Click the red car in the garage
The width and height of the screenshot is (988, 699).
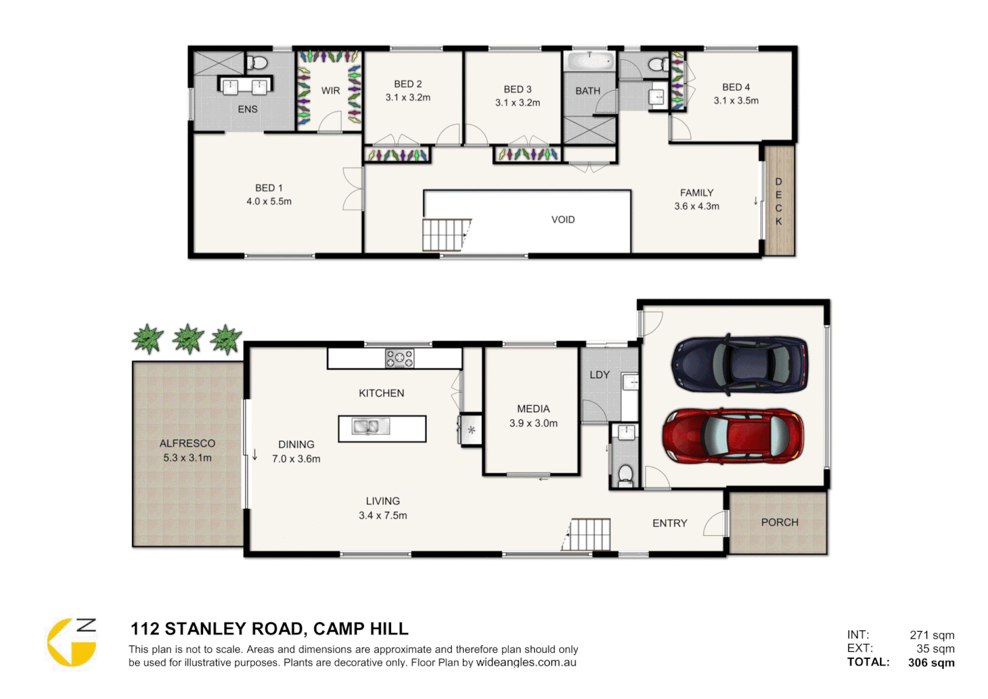pyautogui.click(x=733, y=436)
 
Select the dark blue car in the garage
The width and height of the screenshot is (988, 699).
pyautogui.click(x=740, y=364)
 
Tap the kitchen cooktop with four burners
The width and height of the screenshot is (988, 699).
pyautogui.click(x=400, y=359)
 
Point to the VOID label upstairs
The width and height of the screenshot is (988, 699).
pyautogui.click(x=563, y=220)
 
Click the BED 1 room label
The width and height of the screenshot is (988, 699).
pyautogui.click(x=268, y=188)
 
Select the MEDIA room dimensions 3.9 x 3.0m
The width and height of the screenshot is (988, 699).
pyautogui.click(x=533, y=423)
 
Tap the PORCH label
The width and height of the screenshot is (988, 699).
pyautogui.click(x=779, y=522)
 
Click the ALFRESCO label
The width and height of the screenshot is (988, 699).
pyautogui.click(x=187, y=443)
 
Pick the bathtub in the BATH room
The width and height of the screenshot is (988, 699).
pyautogui.click(x=589, y=61)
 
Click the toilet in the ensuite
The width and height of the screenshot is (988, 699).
pyautogui.click(x=257, y=63)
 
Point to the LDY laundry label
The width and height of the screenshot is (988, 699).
pyautogui.click(x=599, y=375)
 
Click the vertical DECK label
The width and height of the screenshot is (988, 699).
pyautogui.click(x=779, y=201)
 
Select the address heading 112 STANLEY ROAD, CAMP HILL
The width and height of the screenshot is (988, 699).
pyautogui.click(x=269, y=629)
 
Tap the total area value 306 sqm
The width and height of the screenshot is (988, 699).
pyautogui.click(x=931, y=662)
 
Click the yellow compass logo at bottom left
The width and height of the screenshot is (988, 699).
pyautogui.click(x=72, y=643)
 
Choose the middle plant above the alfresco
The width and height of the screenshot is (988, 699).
pyautogui.click(x=188, y=338)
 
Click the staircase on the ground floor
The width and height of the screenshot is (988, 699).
pyautogui.click(x=588, y=535)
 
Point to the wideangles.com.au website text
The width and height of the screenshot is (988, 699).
pyautogui.click(x=526, y=663)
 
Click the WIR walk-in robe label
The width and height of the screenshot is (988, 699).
pyautogui.click(x=330, y=91)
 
